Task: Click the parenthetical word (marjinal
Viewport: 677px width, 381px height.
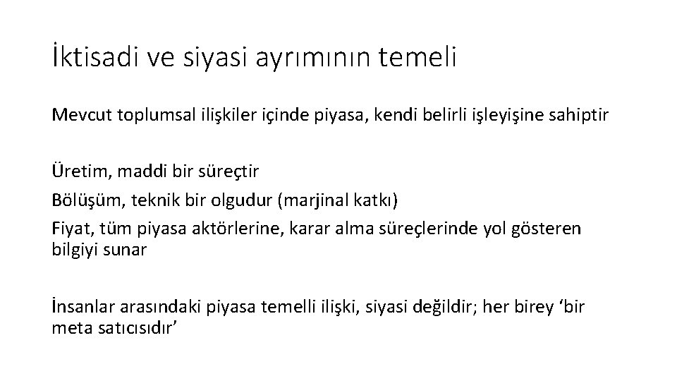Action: click(311, 200)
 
